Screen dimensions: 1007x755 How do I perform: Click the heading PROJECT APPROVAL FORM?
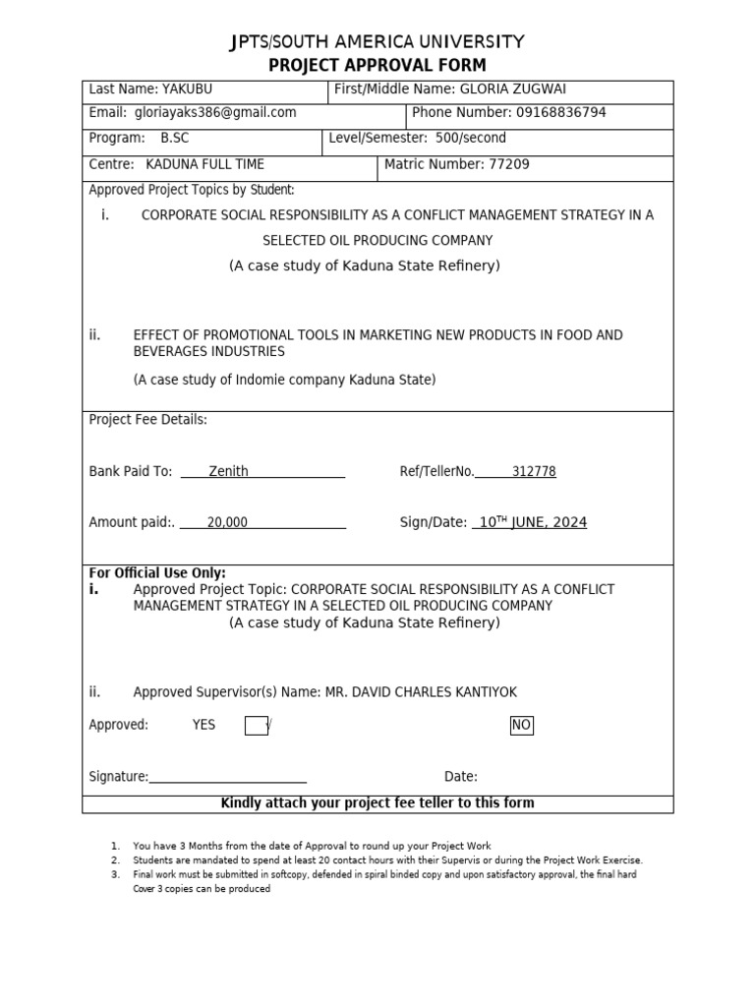377,66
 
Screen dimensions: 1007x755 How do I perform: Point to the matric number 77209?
508,164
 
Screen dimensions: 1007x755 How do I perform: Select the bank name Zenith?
228,471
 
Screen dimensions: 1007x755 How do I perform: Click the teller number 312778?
534,471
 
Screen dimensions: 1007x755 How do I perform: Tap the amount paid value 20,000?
227,522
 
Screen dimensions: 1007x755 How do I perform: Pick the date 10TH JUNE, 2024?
532,522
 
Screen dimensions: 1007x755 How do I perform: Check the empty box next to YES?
256,726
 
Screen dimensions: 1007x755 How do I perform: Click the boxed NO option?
521,726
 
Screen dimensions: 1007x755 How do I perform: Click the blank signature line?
227,777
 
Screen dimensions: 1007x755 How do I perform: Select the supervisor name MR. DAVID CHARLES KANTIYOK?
421,692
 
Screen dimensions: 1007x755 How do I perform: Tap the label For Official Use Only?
157,572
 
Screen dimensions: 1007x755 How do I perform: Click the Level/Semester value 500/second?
470,139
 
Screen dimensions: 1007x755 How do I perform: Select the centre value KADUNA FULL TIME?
204,164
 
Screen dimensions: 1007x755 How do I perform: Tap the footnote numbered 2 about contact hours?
387,859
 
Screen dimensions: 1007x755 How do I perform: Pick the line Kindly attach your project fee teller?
377,803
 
